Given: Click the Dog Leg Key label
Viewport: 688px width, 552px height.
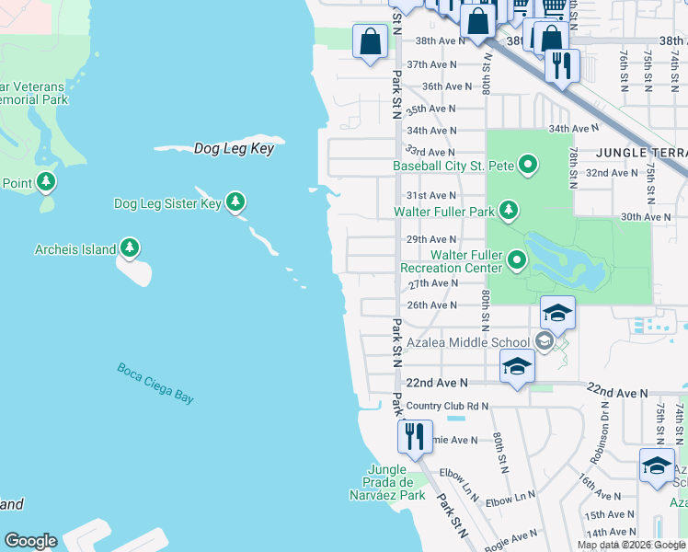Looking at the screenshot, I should (x=234, y=148).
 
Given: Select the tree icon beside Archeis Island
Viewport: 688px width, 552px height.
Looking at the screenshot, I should (x=130, y=248).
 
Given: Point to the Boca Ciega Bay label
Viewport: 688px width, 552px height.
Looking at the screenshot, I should (x=155, y=383).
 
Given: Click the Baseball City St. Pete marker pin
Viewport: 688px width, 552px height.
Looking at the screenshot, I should (x=528, y=166).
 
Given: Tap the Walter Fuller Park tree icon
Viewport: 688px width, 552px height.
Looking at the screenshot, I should (x=509, y=212).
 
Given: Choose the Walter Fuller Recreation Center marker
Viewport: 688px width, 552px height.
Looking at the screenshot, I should (x=517, y=261).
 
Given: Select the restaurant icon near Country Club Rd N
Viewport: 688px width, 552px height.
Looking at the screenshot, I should (x=415, y=436).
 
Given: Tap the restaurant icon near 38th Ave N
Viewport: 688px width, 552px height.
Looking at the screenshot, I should (x=560, y=64).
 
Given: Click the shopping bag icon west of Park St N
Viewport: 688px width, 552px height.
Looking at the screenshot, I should (x=370, y=41).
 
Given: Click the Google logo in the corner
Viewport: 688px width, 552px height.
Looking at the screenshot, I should (x=30, y=541).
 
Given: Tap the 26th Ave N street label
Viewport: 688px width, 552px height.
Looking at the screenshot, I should (x=432, y=305).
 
